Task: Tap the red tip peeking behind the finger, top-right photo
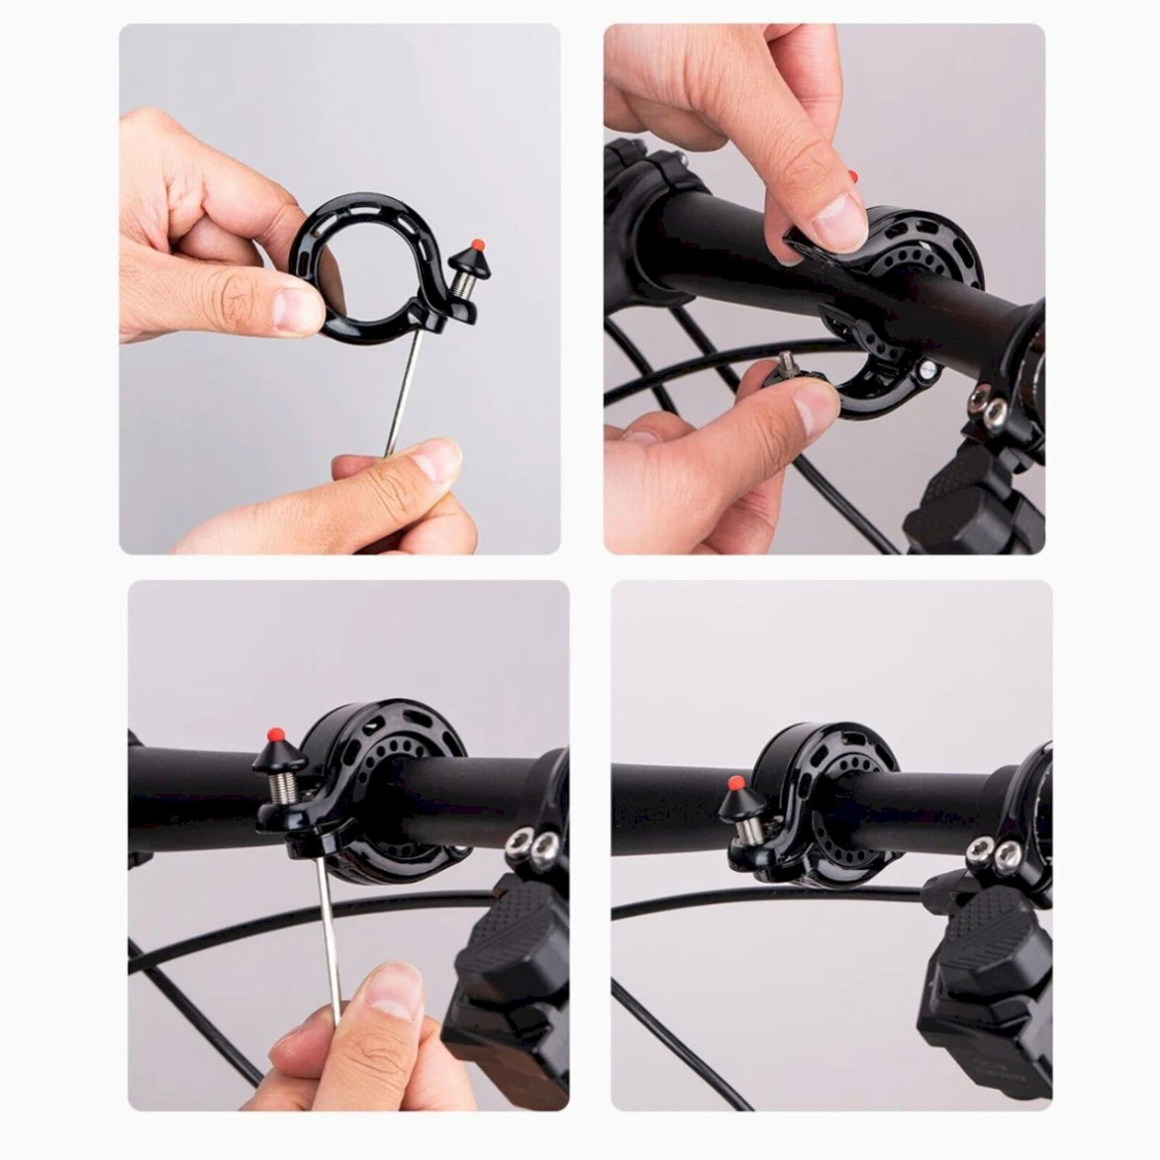click(852, 177)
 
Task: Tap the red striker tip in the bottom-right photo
click(733, 782)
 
